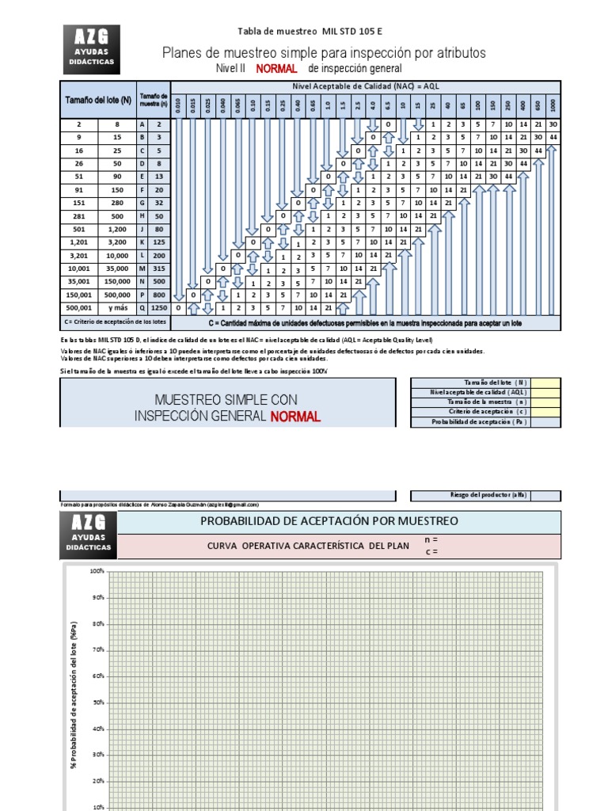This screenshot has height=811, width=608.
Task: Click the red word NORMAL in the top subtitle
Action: coord(276,69)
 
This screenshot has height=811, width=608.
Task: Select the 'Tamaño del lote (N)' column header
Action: coord(97,99)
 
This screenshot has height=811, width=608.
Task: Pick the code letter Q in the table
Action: coord(142,308)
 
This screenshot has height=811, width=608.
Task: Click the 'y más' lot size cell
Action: coord(118,308)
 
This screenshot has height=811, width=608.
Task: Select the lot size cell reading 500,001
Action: coord(79,308)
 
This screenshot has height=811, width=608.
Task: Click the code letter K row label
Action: coord(142,242)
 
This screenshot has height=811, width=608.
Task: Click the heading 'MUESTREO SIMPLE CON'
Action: coord(226,400)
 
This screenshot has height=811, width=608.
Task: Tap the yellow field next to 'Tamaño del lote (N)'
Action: coord(546,383)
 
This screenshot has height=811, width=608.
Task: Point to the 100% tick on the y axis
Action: coord(97,571)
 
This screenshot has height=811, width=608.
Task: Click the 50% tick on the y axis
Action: coord(97,702)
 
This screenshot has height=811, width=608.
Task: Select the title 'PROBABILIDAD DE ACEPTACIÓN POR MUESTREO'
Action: coord(329,521)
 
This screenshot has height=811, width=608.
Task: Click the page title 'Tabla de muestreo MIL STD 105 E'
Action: coord(310,31)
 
